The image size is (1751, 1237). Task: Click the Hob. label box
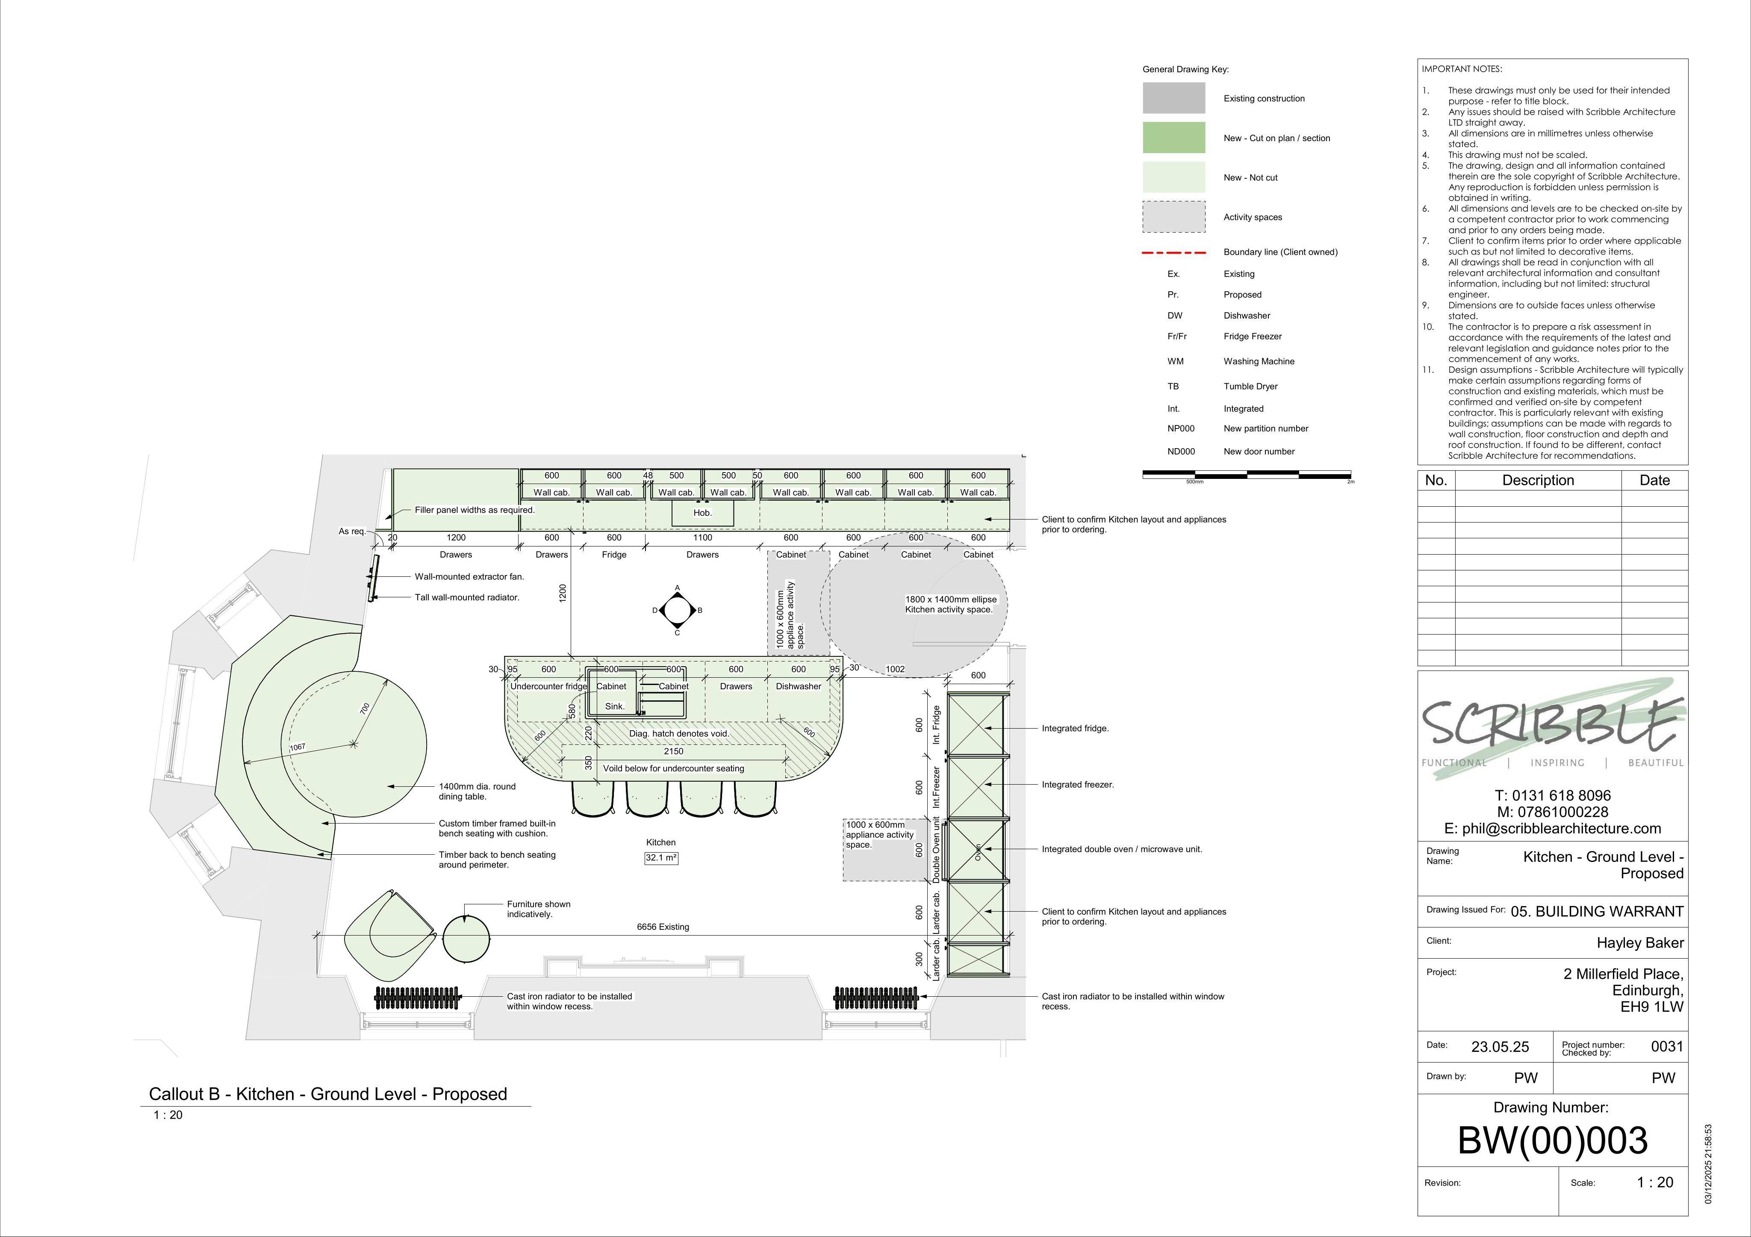[702, 513]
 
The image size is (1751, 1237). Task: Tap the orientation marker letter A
[677, 588]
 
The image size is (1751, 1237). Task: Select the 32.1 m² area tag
[661, 858]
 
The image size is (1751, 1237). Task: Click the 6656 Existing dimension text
[663, 927]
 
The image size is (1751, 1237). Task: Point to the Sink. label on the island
[615, 706]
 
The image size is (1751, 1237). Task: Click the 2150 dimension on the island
[673, 751]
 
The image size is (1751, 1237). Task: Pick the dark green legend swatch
[1174, 138]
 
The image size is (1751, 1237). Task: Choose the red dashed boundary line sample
[1174, 252]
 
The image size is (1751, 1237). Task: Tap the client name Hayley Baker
[1640, 943]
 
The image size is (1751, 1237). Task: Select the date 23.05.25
[1500, 1046]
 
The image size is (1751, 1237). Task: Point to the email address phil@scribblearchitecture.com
[1553, 828]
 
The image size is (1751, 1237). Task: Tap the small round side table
[466, 938]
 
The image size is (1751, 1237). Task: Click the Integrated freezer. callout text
[1078, 785]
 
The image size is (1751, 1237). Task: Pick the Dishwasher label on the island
[799, 686]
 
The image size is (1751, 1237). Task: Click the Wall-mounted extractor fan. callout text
[469, 576]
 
